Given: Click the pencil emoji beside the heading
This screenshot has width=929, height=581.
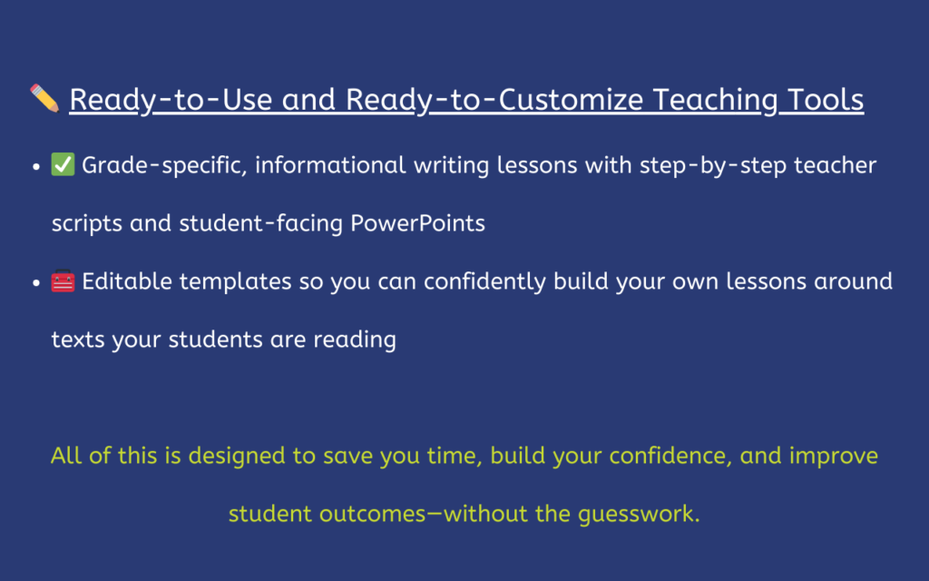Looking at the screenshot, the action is click(44, 98).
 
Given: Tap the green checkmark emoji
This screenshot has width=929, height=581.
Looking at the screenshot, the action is click(63, 164).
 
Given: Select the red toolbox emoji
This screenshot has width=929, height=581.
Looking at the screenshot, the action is click(63, 281).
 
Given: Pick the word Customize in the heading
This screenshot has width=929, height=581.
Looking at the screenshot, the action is click(571, 99).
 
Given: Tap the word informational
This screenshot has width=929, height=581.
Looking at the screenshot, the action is click(330, 165).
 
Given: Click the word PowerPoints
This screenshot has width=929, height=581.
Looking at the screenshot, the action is click(417, 223).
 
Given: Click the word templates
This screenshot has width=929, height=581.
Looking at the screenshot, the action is click(235, 282).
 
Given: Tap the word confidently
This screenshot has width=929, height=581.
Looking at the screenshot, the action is click(484, 282).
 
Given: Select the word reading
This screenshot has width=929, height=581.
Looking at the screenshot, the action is click(355, 340).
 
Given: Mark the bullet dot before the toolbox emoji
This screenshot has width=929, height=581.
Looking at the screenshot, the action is click(36, 283).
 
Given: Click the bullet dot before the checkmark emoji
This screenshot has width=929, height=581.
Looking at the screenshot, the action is click(36, 167).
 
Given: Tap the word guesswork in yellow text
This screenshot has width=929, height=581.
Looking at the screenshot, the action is click(639, 515).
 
